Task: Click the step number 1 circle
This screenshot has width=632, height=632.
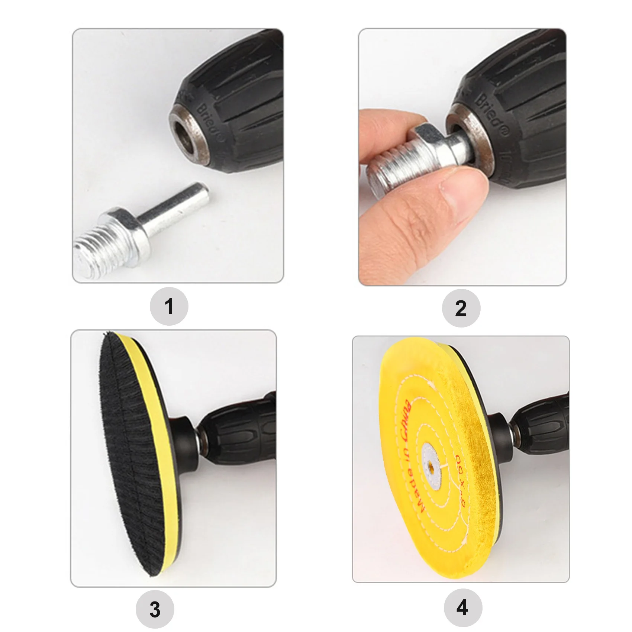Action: [169, 307]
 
